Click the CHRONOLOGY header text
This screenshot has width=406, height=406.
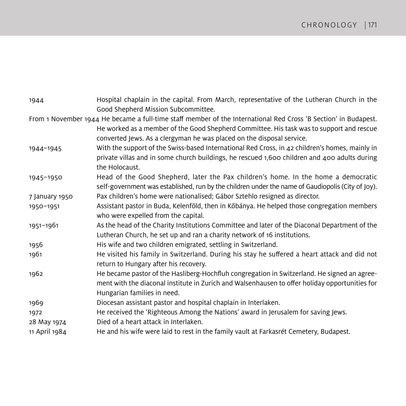pos(329,25)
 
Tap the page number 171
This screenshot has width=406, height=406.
pos(373,25)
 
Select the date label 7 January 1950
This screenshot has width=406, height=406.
pos(51,197)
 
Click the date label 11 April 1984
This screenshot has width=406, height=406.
pos(48,332)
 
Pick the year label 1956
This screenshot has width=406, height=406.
pos(36,245)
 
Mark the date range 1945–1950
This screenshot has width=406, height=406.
pos(46,177)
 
